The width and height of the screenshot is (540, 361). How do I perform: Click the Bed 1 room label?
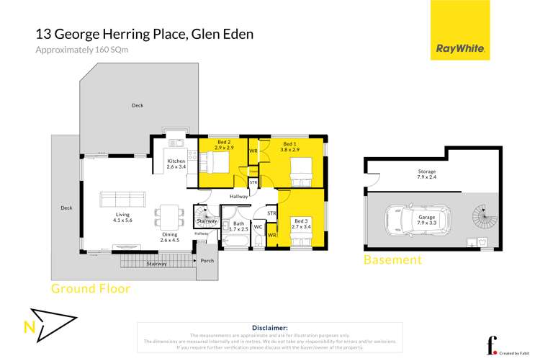(x=290, y=147)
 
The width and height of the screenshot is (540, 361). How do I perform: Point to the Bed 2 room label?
(x=222, y=147)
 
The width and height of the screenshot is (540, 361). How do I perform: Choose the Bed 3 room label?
(x=302, y=223)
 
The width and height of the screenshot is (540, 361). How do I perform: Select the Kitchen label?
(x=176, y=164)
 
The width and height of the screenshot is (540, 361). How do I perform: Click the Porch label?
(x=207, y=261)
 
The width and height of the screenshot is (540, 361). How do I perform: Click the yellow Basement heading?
(x=392, y=260)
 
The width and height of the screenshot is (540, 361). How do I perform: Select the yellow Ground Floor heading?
(x=91, y=289)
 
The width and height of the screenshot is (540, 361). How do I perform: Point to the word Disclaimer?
(x=270, y=327)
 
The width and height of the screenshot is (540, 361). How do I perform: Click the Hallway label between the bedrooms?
(x=239, y=196)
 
